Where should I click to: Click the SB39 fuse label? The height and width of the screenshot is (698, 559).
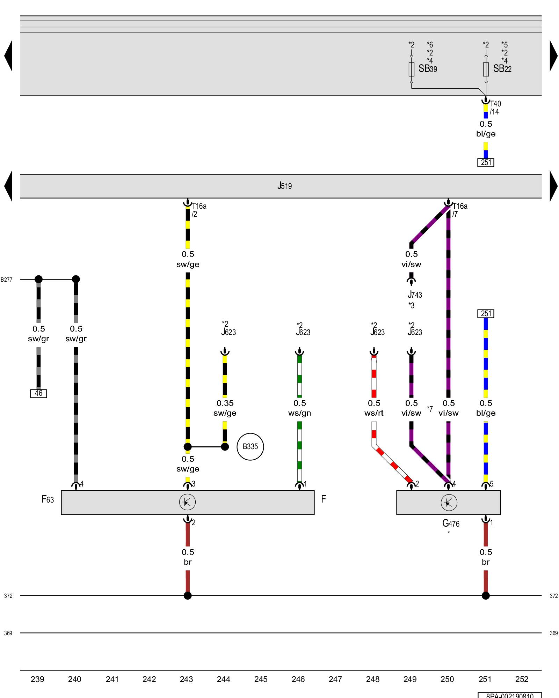pyautogui.click(x=428, y=69)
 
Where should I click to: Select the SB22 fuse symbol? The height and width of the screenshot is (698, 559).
pyautogui.click(x=486, y=69)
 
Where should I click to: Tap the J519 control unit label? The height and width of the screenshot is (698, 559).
pyautogui.click(x=284, y=186)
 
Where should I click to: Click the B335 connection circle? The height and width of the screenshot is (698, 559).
pyautogui.click(x=250, y=446)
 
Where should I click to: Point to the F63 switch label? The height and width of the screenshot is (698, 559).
pyautogui.click(x=48, y=499)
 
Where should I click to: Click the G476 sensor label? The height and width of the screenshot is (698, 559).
pyautogui.click(x=451, y=523)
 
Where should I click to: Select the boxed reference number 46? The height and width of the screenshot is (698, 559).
pyautogui.click(x=38, y=393)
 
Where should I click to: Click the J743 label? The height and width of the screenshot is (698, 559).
pyautogui.click(x=415, y=295)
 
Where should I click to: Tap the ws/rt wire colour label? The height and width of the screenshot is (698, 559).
pyautogui.click(x=374, y=413)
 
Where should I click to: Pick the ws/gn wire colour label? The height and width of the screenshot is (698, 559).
pyautogui.click(x=299, y=413)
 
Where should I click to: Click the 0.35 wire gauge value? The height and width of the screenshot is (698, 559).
pyautogui.click(x=225, y=403)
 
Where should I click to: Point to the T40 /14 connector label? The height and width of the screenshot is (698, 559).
pyautogui.click(x=495, y=108)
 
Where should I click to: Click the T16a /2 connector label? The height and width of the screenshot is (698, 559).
pyautogui.click(x=199, y=210)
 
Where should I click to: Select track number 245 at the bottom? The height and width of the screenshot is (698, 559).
pyautogui.click(x=261, y=679)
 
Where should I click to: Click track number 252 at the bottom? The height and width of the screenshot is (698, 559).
pyautogui.click(x=522, y=679)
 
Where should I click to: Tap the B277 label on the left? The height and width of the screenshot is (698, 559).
pyautogui.click(x=7, y=280)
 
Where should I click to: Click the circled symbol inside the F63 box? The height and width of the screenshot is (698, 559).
pyautogui.click(x=187, y=502)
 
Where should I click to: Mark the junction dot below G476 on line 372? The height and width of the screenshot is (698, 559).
pyautogui.click(x=486, y=596)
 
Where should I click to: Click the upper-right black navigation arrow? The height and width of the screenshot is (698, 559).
pyautogui.click(x=553, y=56)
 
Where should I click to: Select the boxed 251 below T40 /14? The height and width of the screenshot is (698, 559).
pyautogui.click(x=486, y=163)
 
